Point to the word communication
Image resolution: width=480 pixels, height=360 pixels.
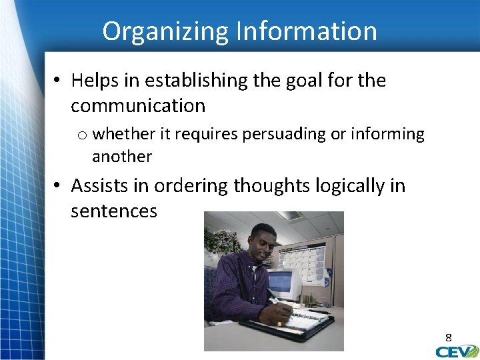[x=138, y=105]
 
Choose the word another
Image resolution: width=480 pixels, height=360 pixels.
[x=122, y=157]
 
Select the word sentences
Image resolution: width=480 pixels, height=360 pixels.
[x=114, y=211]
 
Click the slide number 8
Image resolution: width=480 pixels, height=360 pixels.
[x=449, y=337]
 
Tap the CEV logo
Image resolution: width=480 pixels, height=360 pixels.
[x=456, y=351]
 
